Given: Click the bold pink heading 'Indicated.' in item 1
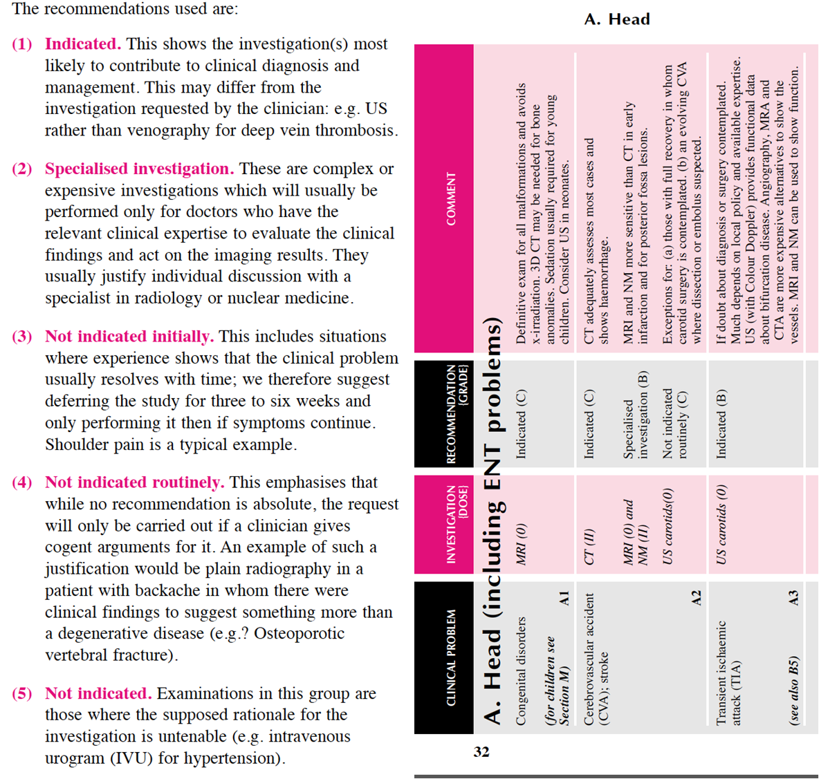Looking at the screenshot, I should tap(83, 44).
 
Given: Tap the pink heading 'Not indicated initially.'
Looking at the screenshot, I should tap(129, 337).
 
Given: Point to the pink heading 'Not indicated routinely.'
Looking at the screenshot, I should tap(134, 482).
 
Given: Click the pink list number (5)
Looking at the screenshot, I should tap(22, 694).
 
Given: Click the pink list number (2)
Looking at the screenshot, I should tap(22, 169).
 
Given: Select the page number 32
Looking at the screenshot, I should tap(481, 752).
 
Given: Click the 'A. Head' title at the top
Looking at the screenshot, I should tap(617, 19).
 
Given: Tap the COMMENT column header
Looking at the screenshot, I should tap(451, 199).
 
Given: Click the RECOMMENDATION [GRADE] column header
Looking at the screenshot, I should tap(457, 413).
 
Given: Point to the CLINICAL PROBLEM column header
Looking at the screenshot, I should tap(451, 657).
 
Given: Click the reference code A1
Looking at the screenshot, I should tap(564, 599).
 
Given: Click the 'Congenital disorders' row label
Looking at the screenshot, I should tap(521, 670).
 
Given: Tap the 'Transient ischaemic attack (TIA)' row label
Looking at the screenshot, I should tap(728, 673).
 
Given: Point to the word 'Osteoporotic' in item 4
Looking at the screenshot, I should tap(299, 634).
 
